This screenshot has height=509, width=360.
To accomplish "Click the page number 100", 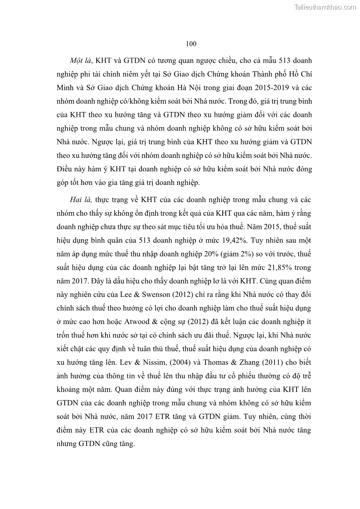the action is [191, 44].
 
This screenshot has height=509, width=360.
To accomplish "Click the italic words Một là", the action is [79, 61].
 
